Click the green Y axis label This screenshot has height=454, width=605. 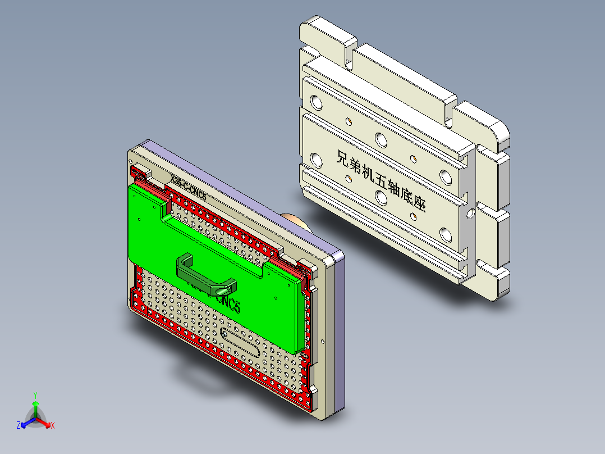pyautogui.click(x=35, y=395)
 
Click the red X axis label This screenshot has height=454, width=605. pyautogui.click(x=53, y=426)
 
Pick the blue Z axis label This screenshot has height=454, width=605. pyautogui.click(x=19, y=426)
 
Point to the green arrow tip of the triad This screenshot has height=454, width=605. pyautogui.click(x=35, y=403)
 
